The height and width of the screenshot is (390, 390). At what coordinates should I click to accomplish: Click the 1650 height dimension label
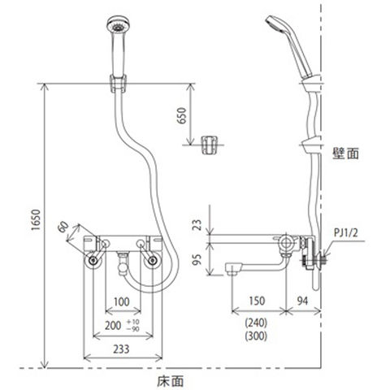click(x=36, y=219)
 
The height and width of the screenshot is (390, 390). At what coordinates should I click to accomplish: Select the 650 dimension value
click(x=182, y=115)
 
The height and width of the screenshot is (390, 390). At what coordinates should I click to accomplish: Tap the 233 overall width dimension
click(x=121, y=349)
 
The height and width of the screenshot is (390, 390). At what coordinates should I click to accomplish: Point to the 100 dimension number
click(x=122, y=301)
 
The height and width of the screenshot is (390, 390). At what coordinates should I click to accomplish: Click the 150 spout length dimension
click(x=257, y=301)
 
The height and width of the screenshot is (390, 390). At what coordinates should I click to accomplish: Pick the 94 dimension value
click(x=302, y=301)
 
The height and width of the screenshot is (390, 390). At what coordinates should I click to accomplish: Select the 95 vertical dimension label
click(x=197, y=259)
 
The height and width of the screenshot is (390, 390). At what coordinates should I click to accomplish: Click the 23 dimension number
click(x=197, y=224)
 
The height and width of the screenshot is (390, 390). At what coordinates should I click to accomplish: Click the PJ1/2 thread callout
click(x=345, y=232)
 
